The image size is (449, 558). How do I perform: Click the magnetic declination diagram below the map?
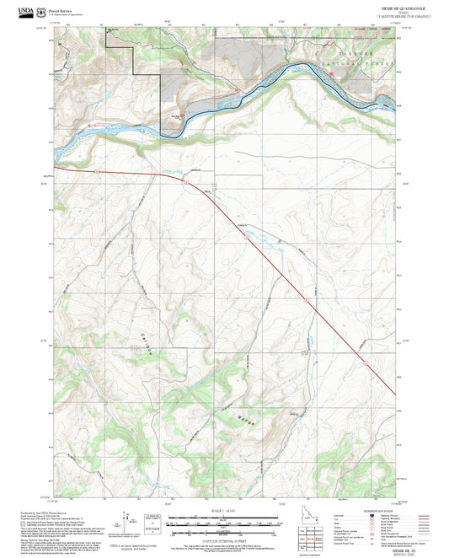(x=131, y=521)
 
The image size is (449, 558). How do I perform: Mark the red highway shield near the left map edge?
(x=96, y=171)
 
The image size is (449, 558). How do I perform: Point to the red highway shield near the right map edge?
(x=366, y=362)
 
